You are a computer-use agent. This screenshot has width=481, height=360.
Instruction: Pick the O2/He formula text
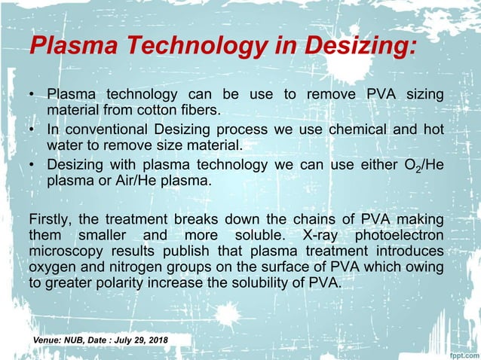(421, 164)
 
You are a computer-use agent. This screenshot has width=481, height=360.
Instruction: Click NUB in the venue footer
(79, 342)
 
